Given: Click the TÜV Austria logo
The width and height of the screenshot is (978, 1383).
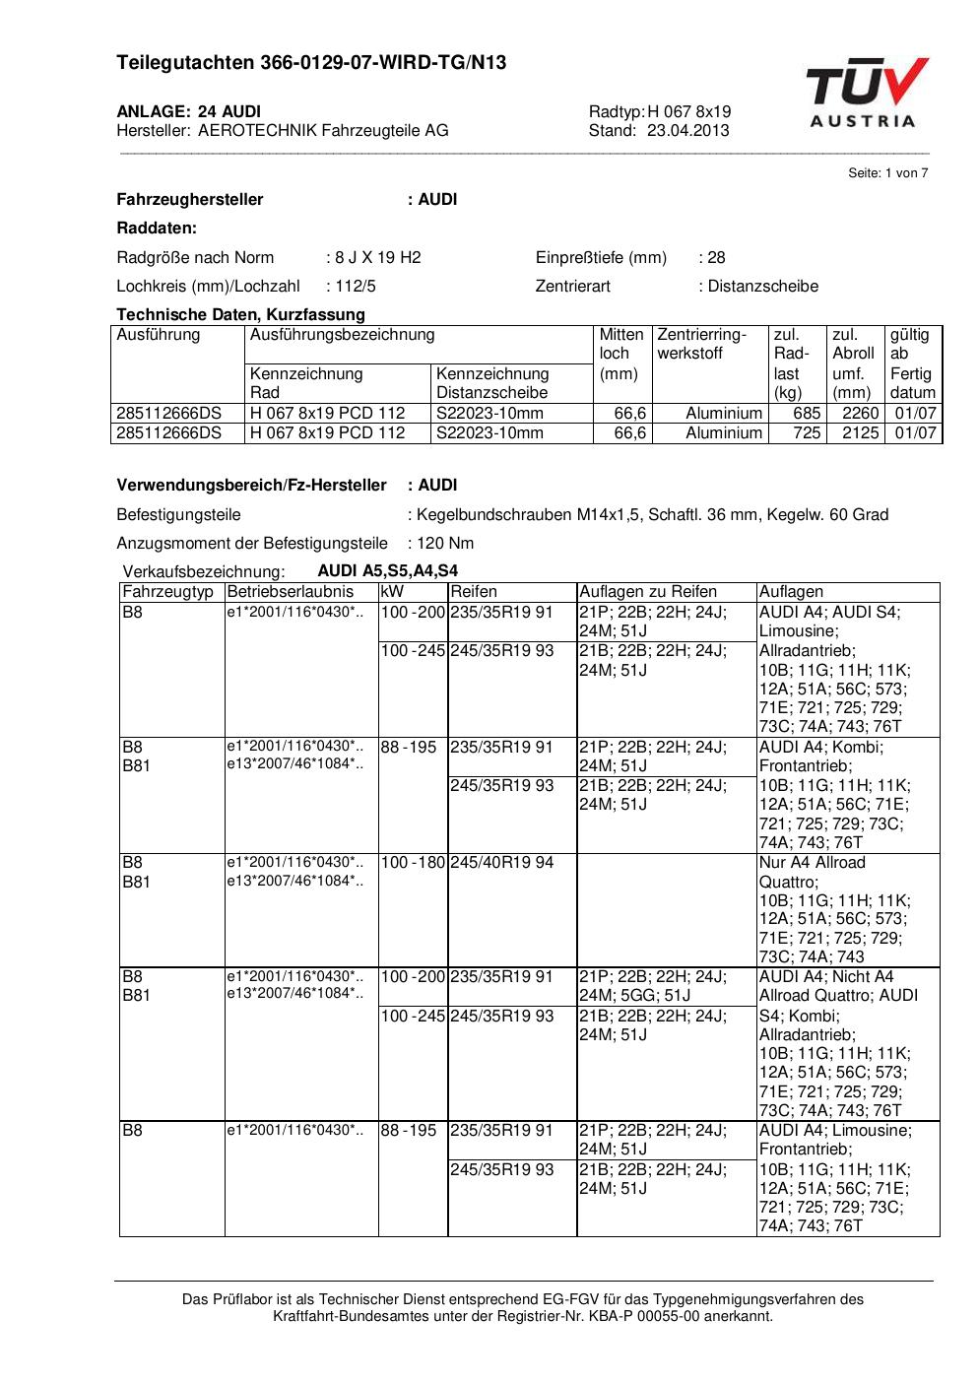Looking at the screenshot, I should tap(866, 93).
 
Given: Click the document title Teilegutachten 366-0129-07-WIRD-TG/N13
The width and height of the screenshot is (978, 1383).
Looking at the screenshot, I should tap(311, 63).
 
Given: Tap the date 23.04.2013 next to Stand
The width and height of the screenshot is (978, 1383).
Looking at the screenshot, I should tap(688, 130).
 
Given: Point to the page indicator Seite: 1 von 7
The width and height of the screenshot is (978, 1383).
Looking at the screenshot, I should tap(887, 173).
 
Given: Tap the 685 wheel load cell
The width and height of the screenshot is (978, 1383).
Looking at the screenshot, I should tap(807, 414).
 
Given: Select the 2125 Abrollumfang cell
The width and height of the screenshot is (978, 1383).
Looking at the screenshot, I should tap(860, 432).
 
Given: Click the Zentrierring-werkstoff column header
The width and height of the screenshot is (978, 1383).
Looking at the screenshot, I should tap(702, 344).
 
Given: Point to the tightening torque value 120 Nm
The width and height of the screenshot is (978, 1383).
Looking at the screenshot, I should tap(444, 543).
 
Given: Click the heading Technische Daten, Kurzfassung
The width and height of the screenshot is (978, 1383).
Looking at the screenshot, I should tap(240, 315).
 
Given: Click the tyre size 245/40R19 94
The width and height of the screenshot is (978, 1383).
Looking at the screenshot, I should tap(502, 863).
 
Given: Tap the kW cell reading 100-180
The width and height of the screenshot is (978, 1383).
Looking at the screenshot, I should tap(413, 863).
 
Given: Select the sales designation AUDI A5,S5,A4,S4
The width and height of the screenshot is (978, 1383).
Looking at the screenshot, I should tap(387, 571).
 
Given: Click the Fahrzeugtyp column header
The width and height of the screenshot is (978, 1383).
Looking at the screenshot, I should tap(167, 592).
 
